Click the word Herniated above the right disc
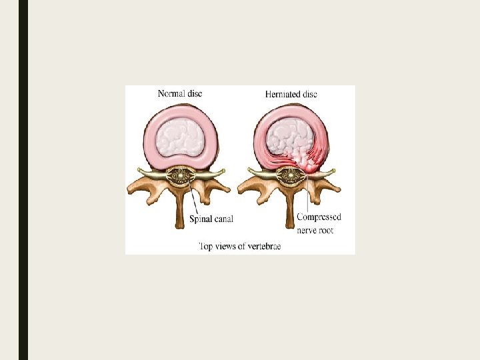[282, 94]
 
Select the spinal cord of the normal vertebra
[180, 176]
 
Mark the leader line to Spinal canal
[192, 198]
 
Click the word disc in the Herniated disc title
[309, 94]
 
